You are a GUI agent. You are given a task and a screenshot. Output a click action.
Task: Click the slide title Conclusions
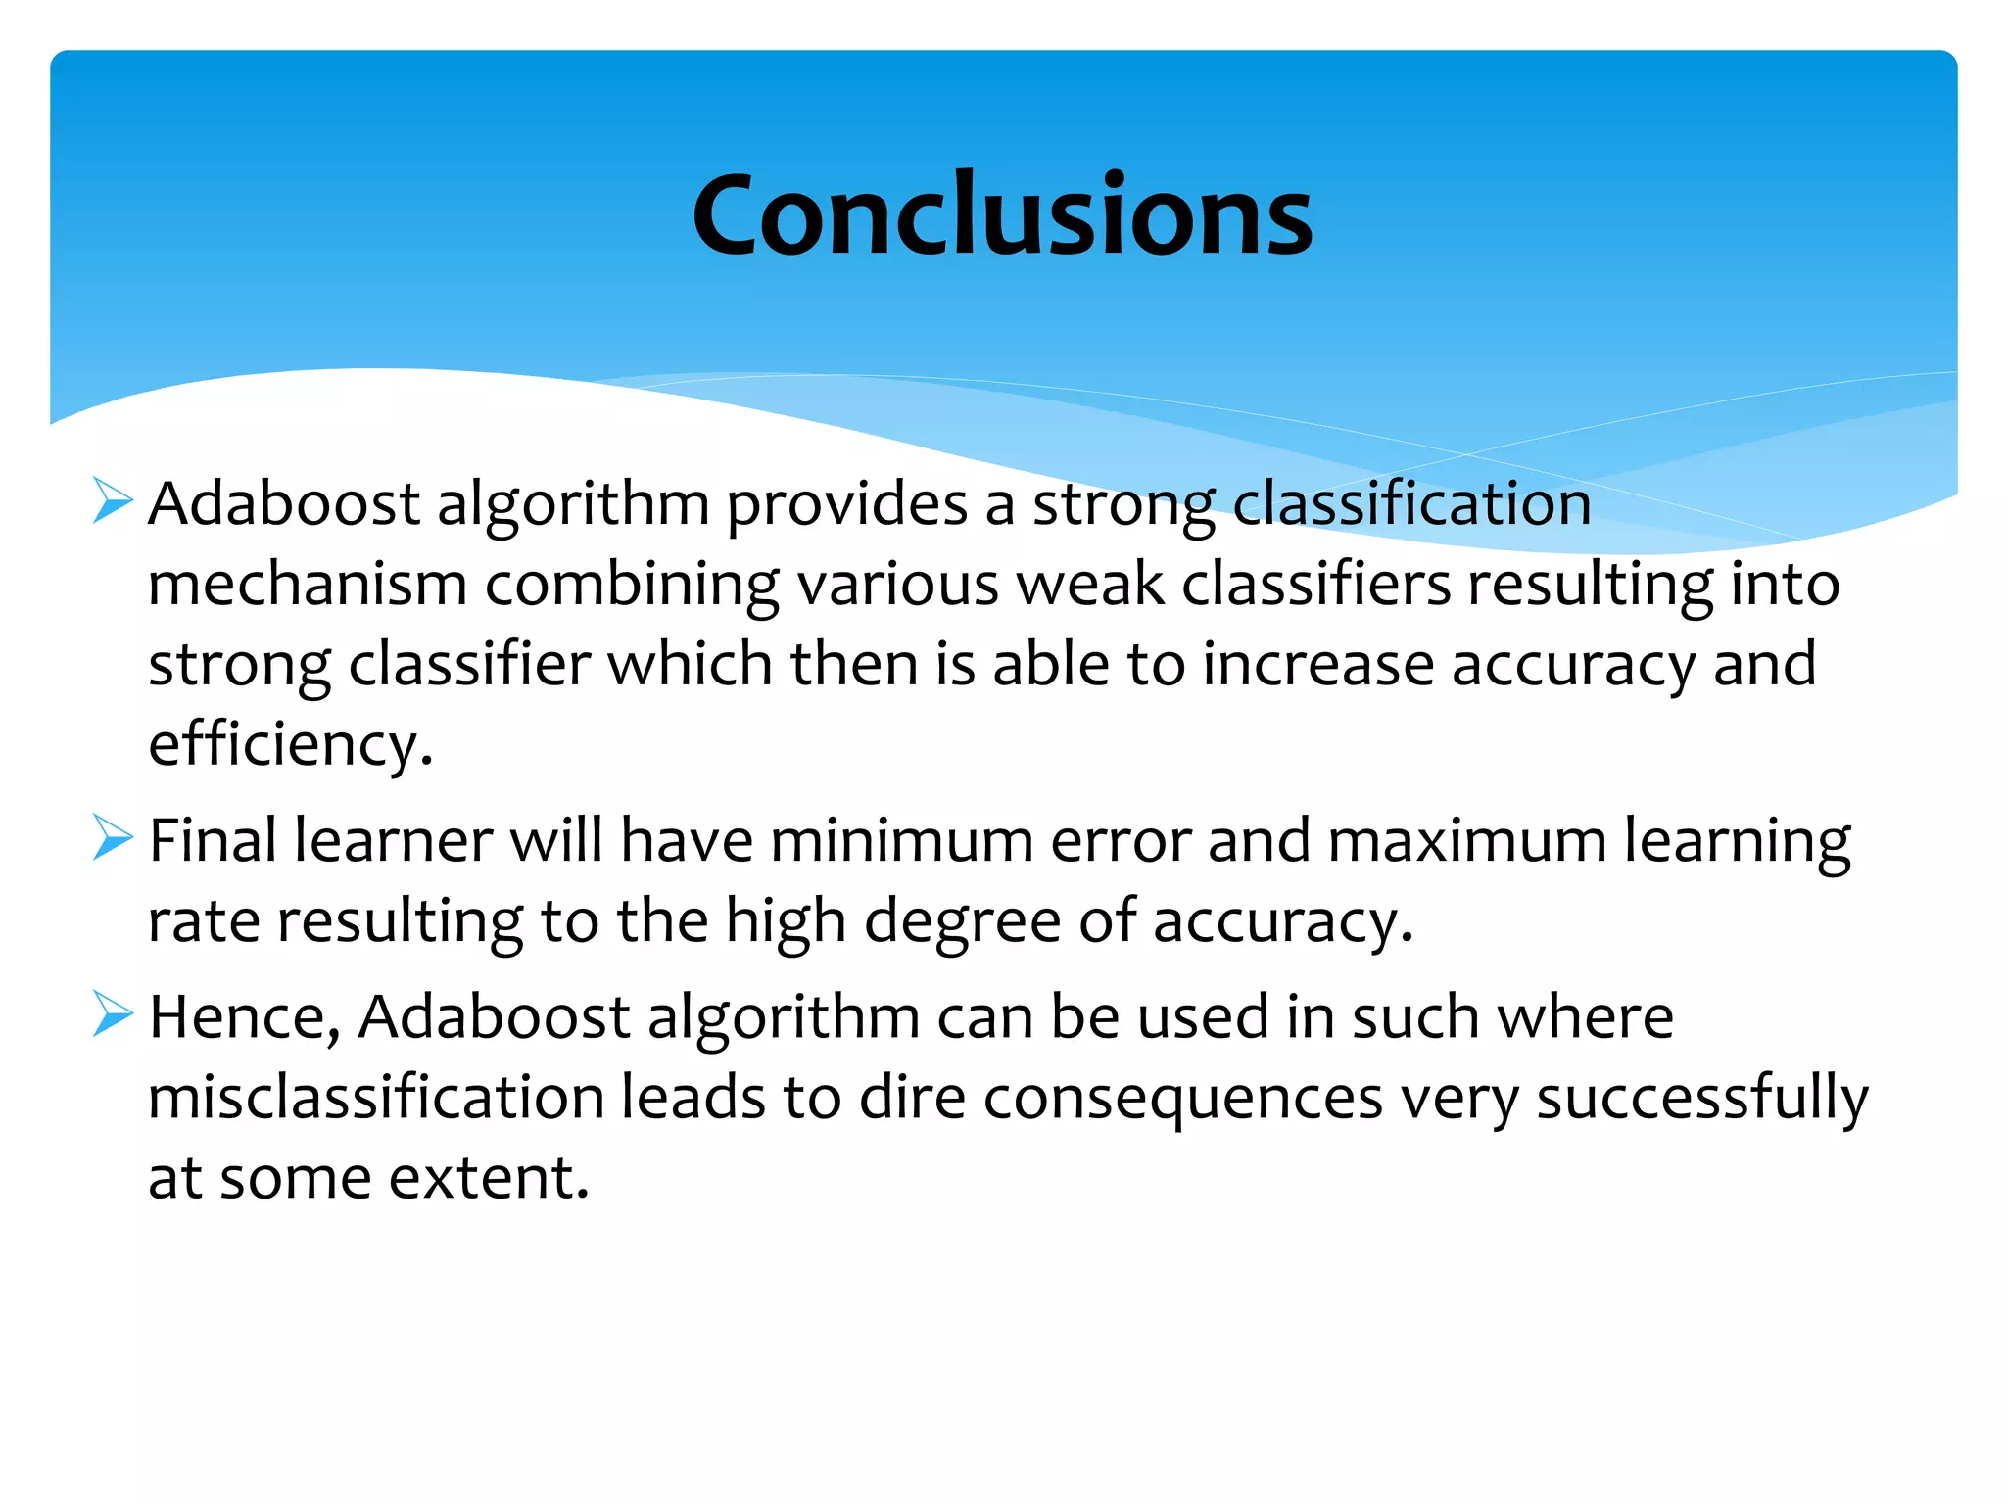point(1001,214)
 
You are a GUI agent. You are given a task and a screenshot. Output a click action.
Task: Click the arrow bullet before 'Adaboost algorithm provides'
point(112,500)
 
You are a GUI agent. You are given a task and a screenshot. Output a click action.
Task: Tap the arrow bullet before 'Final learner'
point(112,838)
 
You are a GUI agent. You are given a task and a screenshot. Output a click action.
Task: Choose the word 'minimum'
point(901,841)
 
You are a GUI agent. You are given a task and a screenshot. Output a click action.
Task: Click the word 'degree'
point(962,923)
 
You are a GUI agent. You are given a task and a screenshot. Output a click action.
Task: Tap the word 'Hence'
point(241,1017)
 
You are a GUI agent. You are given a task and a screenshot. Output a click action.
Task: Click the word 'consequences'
point(1182,1100)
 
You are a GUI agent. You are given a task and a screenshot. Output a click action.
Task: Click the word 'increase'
point(1318,665)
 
